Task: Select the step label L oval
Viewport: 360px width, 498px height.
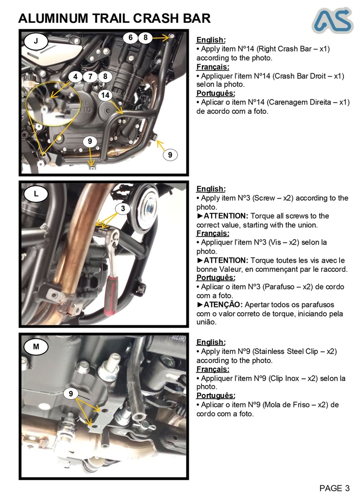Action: click(x=36, y=194)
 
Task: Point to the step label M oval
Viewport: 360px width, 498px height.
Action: click(x=36, y=347)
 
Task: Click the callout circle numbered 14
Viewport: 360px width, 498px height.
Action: click(x=105, y=95)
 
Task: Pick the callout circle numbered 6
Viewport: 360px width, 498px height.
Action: click(x=130, y=37)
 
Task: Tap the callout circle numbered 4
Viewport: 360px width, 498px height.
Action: click(x=75, y=76)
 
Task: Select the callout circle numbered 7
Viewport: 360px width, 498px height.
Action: click(x=90, y=76)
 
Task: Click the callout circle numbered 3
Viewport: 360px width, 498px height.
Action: click(x=123, y=209)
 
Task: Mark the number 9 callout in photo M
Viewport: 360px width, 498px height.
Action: click(x=71, y=393)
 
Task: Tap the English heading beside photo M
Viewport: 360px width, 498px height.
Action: click(x=211, y=342)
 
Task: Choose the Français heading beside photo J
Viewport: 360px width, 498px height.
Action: click(x=213, y=67)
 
